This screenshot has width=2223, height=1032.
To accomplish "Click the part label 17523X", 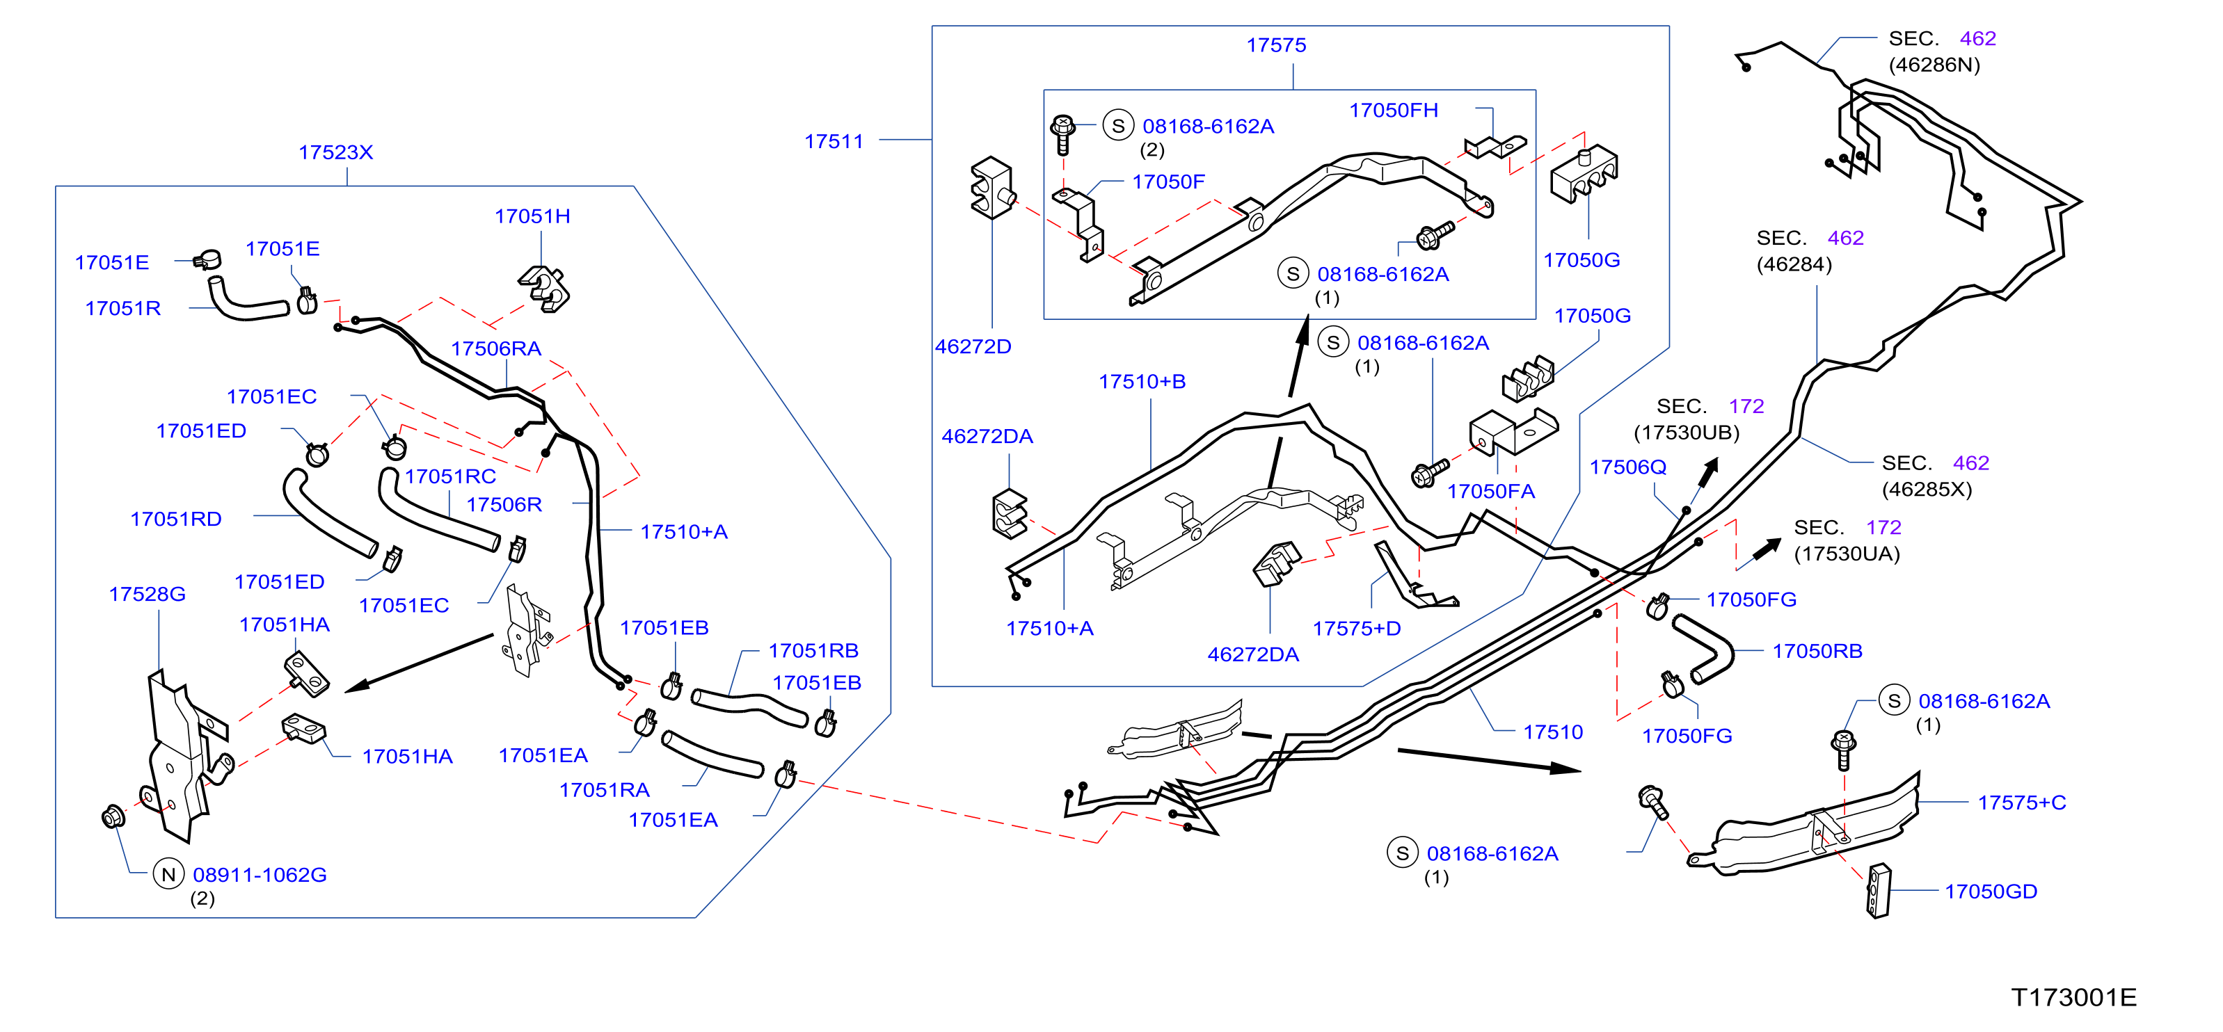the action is pyautogui.click(x=335, y=153).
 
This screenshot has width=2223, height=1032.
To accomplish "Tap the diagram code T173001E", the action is pyautogui.click(x=2073, y=997).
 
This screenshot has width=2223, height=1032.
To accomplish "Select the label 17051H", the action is pyautogui.click(x=532, y=216).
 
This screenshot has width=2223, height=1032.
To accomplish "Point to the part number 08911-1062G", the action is pyautogui.click(x=260, y=875).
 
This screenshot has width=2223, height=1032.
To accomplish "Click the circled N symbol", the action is pyautogui.click(x=168, y=874).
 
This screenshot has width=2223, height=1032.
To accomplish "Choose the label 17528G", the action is pyautogui.click(x=148, y=595).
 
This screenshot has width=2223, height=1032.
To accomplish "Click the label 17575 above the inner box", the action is pyautogui.click(x=1276, y=46).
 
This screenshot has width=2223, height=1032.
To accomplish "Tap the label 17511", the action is pyautogui.click(x=834, y=141).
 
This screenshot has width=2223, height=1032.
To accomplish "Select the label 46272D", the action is pyautogui.click(x=973, y=347).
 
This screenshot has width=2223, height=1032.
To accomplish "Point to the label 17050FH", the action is pyautogui.click(x=1394, y=111).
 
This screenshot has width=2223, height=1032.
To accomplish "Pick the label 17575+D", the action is pyautogui.click(x=1357, y=629).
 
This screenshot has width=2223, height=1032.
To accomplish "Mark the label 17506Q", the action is pyautogui.click(x=1628, y=468).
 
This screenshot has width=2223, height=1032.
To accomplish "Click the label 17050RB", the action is pyautogui.click(x=1817, y=652).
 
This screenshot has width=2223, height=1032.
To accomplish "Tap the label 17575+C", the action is pyautogui.click(x=2022, y=803).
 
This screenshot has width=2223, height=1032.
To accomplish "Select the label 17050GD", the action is pyautogui.click(x=1991, y=892).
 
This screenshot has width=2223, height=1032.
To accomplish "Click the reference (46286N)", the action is pyautogui.click(x=1935, y=65).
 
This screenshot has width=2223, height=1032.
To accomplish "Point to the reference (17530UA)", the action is pyautogui.click(x=1847, y=554).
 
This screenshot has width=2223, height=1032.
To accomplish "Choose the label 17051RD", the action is pyautogui.click(x=176, y=519).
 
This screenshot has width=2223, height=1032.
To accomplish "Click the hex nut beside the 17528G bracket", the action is pyautogui.click(x=113, y=816).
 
